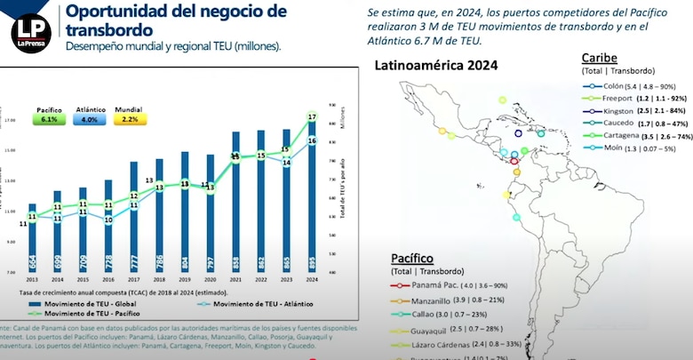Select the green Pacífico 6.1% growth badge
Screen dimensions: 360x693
[x=49, y=114]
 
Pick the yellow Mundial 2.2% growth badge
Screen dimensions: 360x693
[x=130, y=114]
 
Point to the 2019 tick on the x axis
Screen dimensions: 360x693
[x=185, y=278]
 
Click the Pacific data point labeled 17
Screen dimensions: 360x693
[x=312, y=117]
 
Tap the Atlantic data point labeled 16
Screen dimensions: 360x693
[x=312, y=140]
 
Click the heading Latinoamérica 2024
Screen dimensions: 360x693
[x=435, y=66]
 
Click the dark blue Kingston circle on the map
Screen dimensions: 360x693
[x=519, y=133]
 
